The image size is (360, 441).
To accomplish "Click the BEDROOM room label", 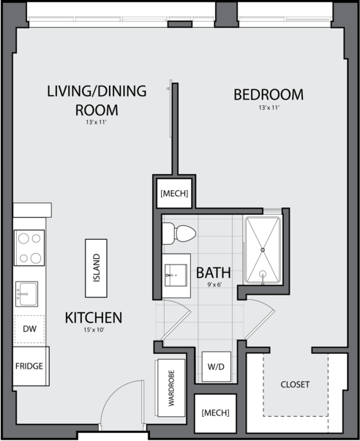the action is [269, 94].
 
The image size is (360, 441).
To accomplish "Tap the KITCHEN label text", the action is [94, 318].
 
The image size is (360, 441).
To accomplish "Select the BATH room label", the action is [214, 273].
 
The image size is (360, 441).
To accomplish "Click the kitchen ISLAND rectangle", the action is [97, 268].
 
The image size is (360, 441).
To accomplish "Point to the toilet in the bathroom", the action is [179, 233].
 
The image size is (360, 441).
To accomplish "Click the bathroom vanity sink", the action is [176, 275].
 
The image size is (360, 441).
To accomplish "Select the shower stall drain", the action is [263, 249].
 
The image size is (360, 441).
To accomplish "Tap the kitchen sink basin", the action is [27, 294].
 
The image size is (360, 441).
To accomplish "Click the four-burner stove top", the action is [29, 248].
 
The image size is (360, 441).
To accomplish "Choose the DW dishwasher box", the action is [29, 329].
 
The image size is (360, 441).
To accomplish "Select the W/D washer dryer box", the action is [216, 366].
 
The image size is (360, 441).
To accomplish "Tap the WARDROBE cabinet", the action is [170, 388].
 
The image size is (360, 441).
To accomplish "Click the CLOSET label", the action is [295, 385].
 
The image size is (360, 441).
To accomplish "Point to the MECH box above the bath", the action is [174, 194].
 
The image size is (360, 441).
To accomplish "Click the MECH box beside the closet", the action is [215, 413].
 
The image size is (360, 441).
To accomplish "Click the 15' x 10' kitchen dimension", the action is [94, 330].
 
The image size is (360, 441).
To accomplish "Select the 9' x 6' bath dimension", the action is [214, 284].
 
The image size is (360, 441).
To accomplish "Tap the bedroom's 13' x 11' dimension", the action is [269, 108].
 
